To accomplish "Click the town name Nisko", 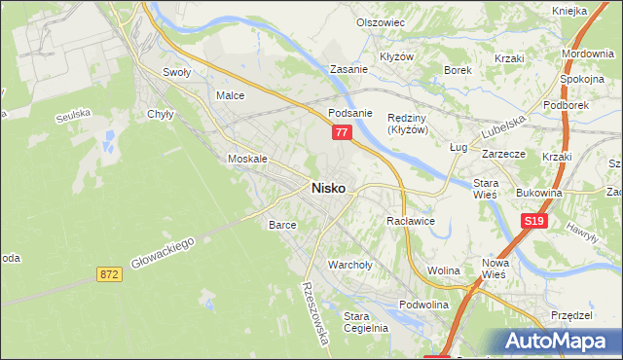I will [327, 189].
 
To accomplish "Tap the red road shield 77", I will [340, 131].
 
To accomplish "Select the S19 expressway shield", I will [532, 223].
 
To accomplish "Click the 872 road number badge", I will [109, 275].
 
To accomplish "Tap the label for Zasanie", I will [348, 70].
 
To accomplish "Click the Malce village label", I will [230, 96].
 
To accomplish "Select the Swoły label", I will [176, 72].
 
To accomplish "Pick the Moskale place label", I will [246, 159].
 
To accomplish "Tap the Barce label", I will [282, 225].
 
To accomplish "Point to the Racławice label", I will [410, 222].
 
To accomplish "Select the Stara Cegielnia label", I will [366, 322].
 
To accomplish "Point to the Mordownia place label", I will [587, 53].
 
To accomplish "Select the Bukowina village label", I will [540, 194].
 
